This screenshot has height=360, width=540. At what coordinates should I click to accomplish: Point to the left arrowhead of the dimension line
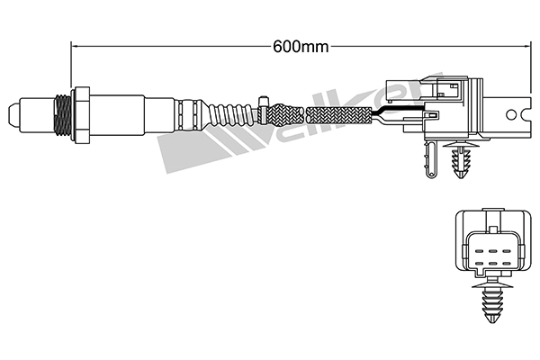pyautogui.click(x=75, y=41)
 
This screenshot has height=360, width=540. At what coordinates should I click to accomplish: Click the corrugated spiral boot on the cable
pyautogui.click(x=229, y=114)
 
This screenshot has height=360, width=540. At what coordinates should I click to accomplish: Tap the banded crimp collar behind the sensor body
pyautogui.click(x=189, y=114)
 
